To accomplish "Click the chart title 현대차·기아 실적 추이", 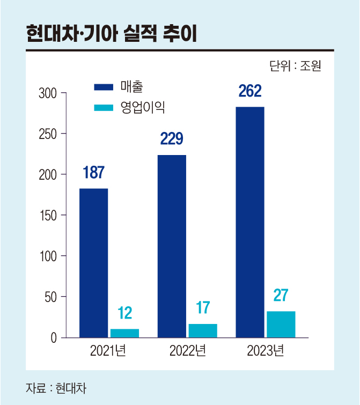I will pos(111,34).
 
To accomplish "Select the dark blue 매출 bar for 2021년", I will pos(94,263).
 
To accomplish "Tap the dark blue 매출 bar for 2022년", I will pos(172,246).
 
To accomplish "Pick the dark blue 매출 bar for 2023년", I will pos(250,222).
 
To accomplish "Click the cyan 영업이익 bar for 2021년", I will pos(124,333).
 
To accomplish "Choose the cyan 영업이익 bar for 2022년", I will pos(203,331).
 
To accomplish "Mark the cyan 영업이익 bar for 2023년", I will pos(281,324).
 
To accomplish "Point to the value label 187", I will pos(93,173).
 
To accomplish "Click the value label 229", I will pos(172,139).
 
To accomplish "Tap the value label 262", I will pos(250,91).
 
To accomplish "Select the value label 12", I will pos(124,313).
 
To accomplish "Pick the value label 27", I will pos(281,296).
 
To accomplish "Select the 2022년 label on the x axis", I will pos(187,352).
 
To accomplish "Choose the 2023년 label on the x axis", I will pos(265,352).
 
